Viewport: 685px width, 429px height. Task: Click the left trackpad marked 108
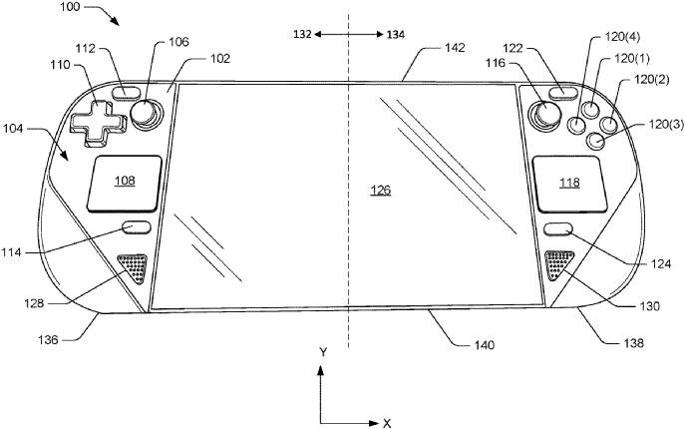point(125,182)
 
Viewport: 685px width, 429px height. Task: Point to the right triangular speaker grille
point(560,265)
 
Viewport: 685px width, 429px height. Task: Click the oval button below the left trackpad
point(137,227)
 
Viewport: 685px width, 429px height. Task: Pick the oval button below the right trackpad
point(559,228)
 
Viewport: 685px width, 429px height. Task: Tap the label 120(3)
point(655,125)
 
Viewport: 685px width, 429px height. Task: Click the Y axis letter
point(323,352)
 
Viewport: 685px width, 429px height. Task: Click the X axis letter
point(387,423)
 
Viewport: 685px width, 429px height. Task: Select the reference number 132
point(299,34)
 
